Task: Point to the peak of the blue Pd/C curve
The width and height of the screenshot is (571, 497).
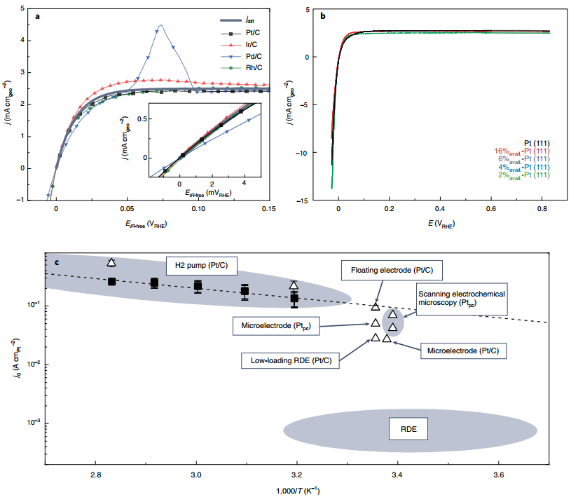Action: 161,26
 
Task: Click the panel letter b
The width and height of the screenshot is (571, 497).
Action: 323,15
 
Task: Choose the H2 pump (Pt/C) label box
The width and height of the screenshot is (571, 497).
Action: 202,266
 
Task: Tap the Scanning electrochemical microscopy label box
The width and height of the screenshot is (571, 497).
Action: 460,297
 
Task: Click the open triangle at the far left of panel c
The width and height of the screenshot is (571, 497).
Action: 111,263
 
